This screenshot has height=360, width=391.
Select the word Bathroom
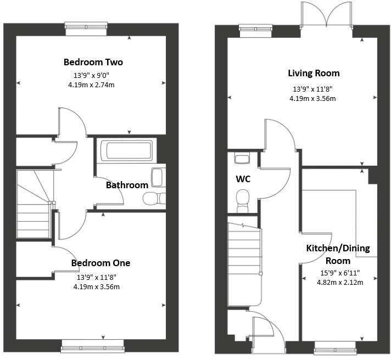point(127,185)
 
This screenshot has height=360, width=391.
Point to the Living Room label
point(314,73)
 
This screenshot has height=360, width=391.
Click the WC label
point(243,179)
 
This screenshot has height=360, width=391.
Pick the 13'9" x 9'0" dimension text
point(91,76)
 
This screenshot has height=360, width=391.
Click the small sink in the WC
point(242,159)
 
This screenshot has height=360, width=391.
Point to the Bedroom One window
point(92,345)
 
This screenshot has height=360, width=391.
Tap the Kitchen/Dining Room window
point(334,347)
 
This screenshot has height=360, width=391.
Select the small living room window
point(256,30)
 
